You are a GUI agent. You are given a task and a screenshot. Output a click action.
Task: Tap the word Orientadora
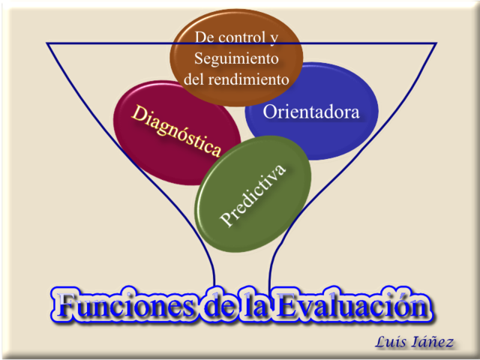tap(311, 112)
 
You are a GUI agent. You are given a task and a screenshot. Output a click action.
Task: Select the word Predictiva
tap(253, 194)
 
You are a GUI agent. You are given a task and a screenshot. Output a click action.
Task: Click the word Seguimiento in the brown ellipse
tap(236, 58)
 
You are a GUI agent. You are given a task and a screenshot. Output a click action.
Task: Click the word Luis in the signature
tap(392, 342)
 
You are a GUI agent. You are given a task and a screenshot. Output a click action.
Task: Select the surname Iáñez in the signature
tap(434, 342)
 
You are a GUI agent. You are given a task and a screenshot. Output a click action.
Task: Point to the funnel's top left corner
tap(47, 43)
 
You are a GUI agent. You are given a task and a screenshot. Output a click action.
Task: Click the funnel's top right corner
tap(436, 43)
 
